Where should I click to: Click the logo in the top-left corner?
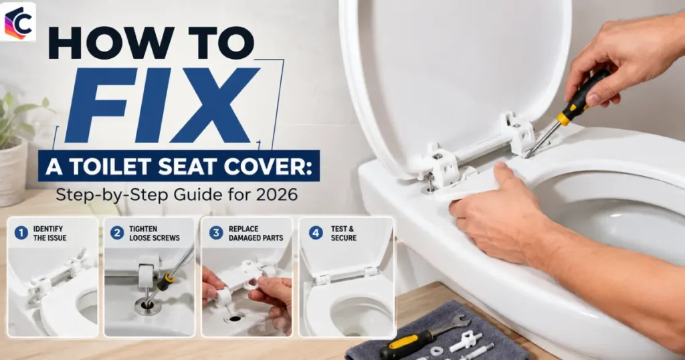pyautogui.click(x=18, y=22)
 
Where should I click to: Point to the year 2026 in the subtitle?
pyautogui.click(x=277, y=195)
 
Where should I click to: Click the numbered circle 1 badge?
pyautogui.click(x=21, y=233)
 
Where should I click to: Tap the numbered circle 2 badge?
pyautogui.click(x=116, y=233)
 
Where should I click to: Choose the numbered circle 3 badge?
pyautogui.click(x=216, y=233)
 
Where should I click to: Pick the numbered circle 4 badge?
pyautogui.click(x=316, y=233)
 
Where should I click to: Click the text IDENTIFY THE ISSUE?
pyautogui.click(x=50, y=234)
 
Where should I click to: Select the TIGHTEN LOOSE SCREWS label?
pyautogui.click(x=155, y=234)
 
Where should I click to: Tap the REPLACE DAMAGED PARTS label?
pyautogui.click(x=256, y=234)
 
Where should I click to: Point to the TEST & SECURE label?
pyautogui.click(x=343, y=234)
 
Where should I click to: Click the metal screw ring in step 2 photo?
pyautogui.click(x=147, y=306)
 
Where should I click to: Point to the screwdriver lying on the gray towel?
pyautogui.click(x=406, y=343)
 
